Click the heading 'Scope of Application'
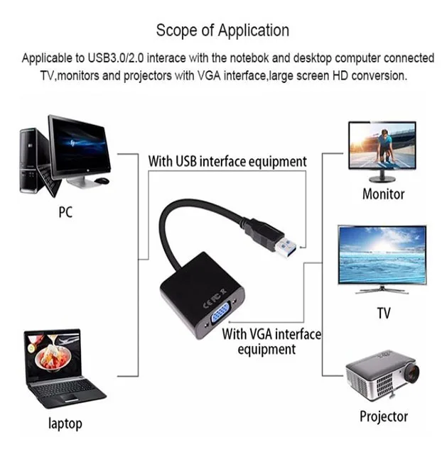tap(222, 31)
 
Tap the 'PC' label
tap(65, 211)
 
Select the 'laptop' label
tap(65, 423)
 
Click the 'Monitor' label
tap(383, 194)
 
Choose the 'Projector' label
tap(383, 416)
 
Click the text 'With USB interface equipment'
tap(227, 161)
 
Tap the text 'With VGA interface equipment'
tap(271, 341)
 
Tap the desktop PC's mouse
tap(103, 182)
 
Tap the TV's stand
tap(382, 289)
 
